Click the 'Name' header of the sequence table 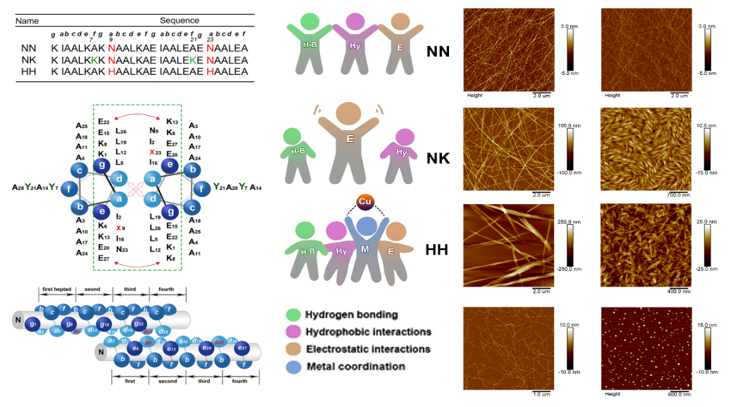(27, 21)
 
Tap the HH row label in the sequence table (28, 71)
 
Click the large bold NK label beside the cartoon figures (438, 159)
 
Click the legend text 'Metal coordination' (355, 366)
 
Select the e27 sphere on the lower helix (243, 348)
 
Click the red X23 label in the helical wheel (154, 152)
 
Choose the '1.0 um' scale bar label (541, 393)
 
